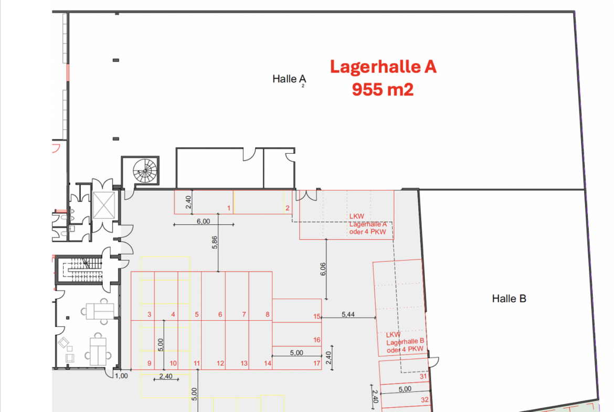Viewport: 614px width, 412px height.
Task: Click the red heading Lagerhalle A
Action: [383, 67]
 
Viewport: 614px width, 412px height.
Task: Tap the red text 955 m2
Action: [383, 90]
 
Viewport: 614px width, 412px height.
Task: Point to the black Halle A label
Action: [289, 79]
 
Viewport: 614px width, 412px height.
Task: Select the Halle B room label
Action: [509, 299]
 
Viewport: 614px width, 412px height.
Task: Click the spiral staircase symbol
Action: [145, 171]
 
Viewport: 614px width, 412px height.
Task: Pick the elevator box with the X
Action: [104, 206]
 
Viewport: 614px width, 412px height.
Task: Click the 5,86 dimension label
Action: [215, 242]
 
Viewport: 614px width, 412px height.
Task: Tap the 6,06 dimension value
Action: [323, 269]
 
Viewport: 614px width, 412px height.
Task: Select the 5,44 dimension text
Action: [348, 314]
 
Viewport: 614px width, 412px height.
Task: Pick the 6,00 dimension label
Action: [203, 221]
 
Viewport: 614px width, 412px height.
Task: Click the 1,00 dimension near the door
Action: [121, 376]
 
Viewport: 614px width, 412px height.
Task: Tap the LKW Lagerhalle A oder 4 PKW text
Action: [368, 224]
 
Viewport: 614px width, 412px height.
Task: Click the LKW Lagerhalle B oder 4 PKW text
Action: [405, 342]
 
